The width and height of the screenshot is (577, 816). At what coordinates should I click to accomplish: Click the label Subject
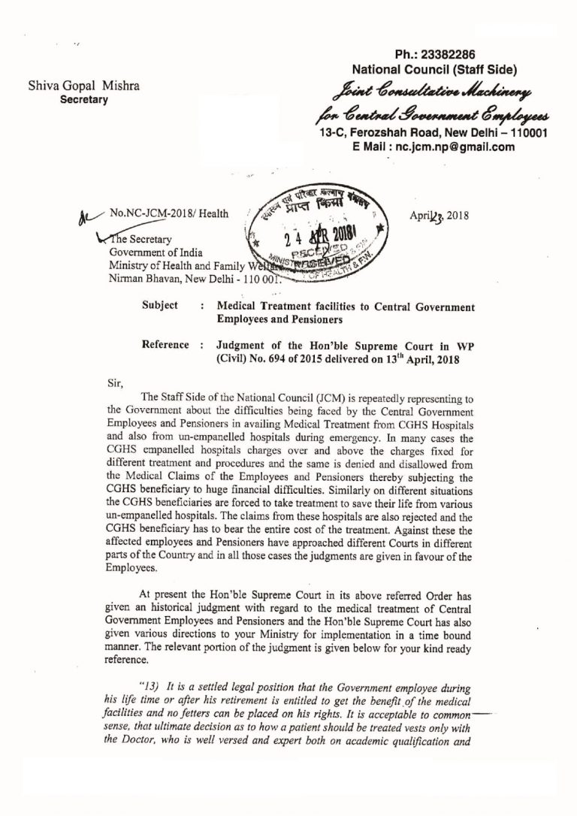[160, 306]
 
